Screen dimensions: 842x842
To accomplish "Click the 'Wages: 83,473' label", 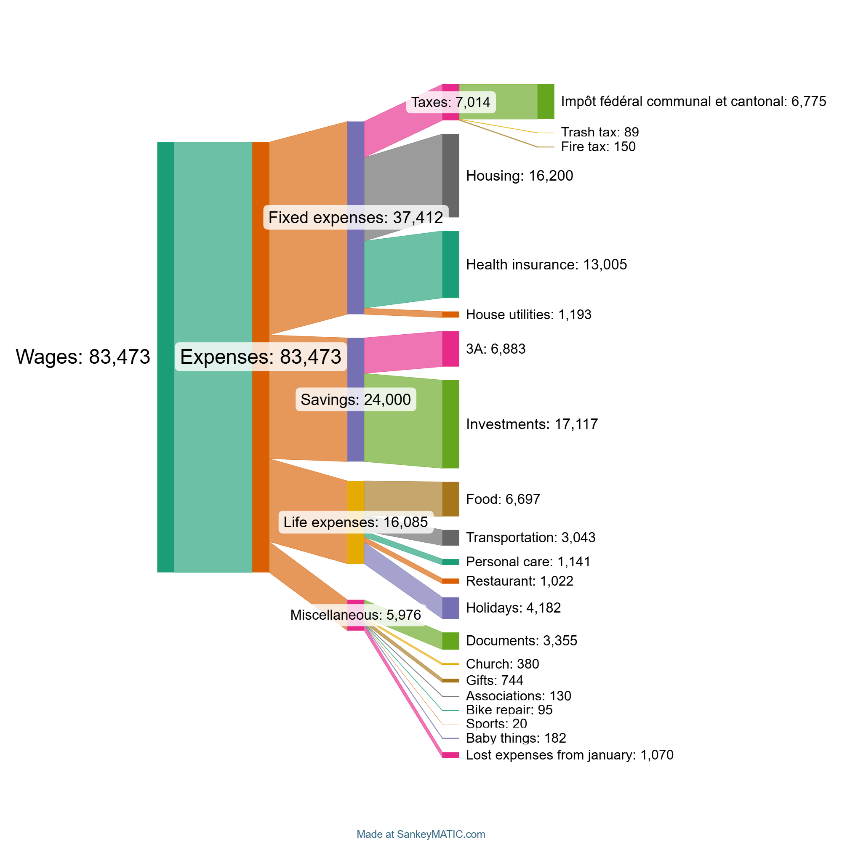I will point(83,357).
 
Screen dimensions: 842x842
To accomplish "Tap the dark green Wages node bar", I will point(165,357).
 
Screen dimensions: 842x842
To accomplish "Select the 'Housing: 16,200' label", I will point(520,176).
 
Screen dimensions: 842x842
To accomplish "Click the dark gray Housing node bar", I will point(450,176).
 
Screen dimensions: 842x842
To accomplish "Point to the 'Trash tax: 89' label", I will point(600,132).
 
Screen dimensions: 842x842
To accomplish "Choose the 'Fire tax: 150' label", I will point(598,147).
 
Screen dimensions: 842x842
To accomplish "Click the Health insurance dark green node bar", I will point(450,264).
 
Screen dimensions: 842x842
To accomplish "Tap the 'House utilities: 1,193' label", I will point(529,314).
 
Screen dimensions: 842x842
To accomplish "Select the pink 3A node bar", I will point(450,349).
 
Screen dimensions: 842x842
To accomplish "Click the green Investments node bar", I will point(450,424).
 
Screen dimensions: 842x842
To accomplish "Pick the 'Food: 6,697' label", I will point(503,499).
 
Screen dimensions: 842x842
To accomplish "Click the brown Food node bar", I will point(450,499).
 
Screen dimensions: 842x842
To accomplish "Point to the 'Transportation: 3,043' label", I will point(530,537).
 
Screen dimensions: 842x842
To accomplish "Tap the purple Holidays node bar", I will point(450,608).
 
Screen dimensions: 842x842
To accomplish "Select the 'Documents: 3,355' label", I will point(521,641).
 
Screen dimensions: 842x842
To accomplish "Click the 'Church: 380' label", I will point(502,664).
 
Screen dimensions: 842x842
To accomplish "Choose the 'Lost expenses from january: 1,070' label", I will point(569,755).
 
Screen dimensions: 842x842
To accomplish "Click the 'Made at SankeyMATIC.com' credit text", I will point(421,834).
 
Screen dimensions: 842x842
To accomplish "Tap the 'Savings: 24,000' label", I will point(356,400).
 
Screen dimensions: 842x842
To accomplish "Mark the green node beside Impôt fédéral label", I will point(546,101).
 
